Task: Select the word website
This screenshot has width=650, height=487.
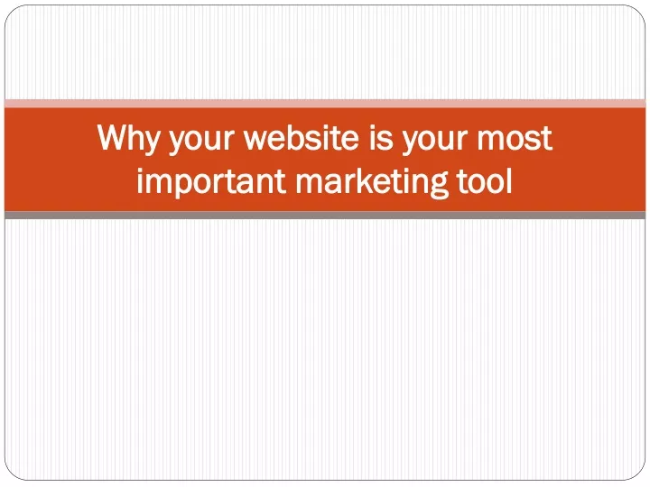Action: click(x=302, y=137)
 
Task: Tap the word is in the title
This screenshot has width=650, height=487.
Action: click(x=381, y=137)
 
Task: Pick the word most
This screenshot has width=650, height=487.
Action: click(x=515, y=138)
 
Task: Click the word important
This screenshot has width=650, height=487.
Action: click(x=211, y=182)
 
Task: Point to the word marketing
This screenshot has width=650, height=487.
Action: click(x=371, y=182)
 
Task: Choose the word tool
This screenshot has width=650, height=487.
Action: click(x=484, y=180)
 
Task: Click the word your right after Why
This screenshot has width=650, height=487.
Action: click(x=201, y=142)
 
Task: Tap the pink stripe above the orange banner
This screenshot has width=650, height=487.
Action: click(x=325, y=104)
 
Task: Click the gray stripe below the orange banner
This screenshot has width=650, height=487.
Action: click(x=325, y=215)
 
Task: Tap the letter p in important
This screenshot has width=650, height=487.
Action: click(x=178, y=186)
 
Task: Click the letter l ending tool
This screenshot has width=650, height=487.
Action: click(x=509, y=180)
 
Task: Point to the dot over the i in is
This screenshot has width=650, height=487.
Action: click(x=372, y=127)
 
